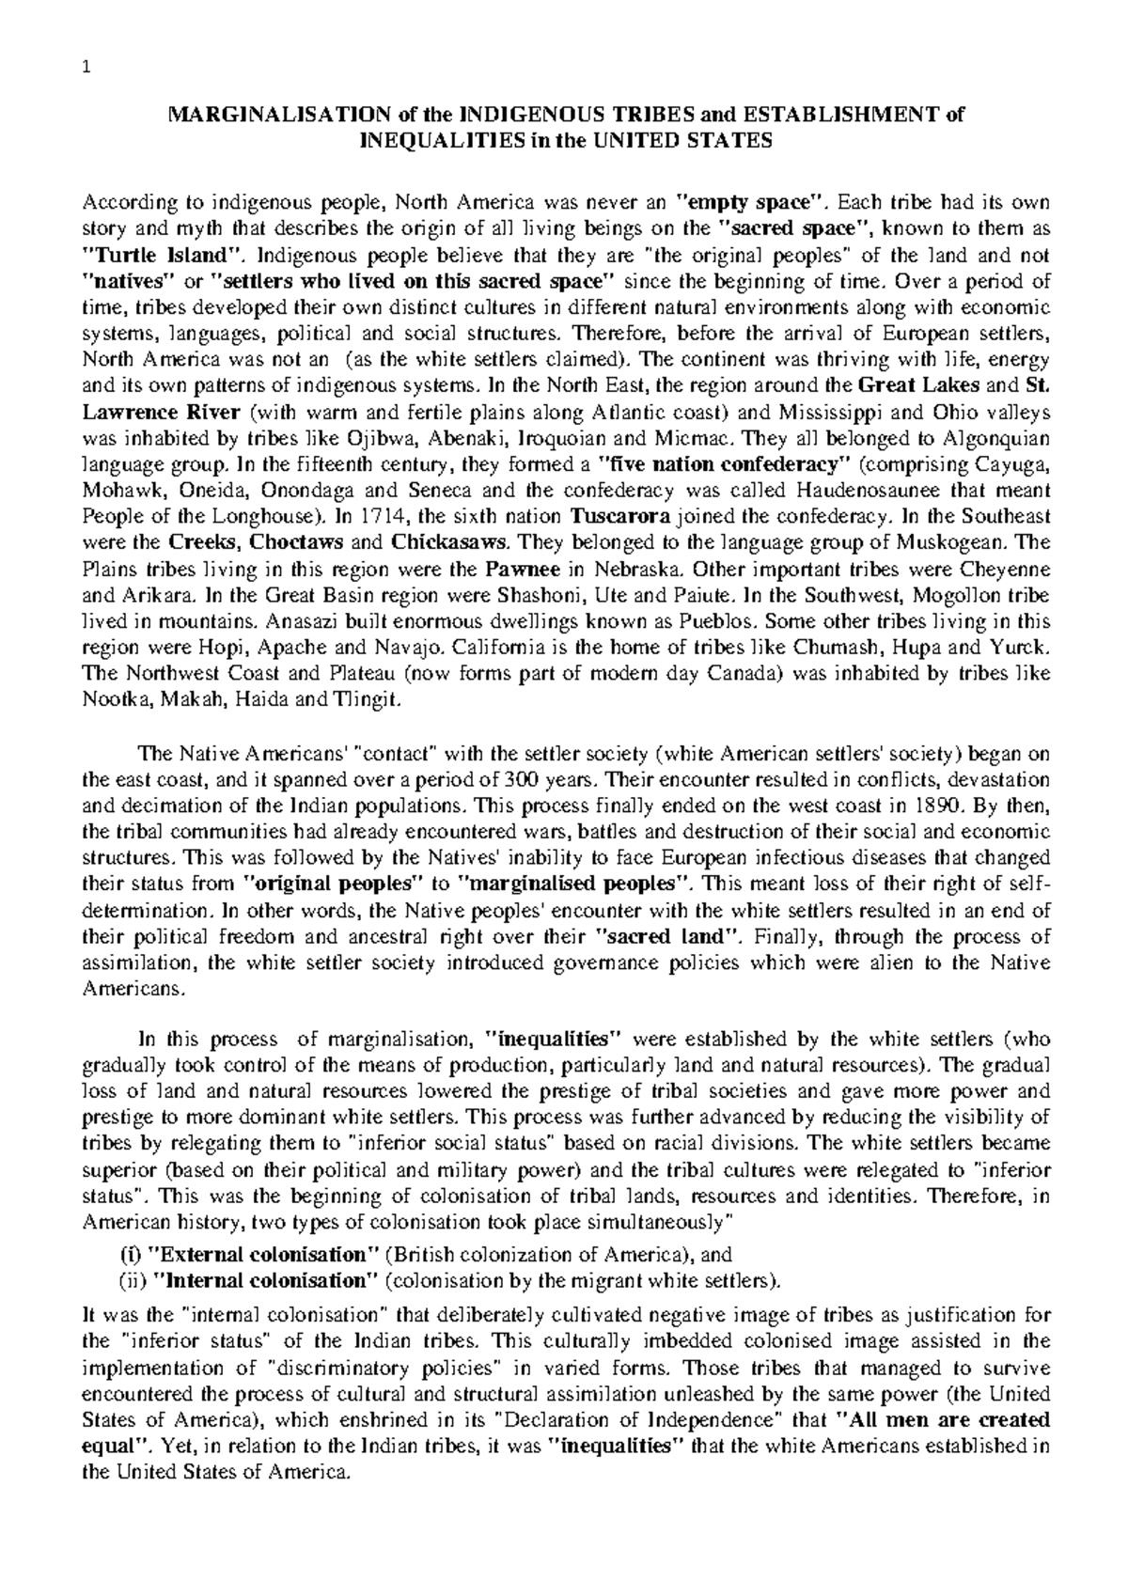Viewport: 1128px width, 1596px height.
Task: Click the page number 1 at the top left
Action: [86, 66]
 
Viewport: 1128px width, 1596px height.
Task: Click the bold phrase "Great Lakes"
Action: [920, 385]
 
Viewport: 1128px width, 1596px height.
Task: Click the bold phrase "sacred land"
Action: [670, 937]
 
